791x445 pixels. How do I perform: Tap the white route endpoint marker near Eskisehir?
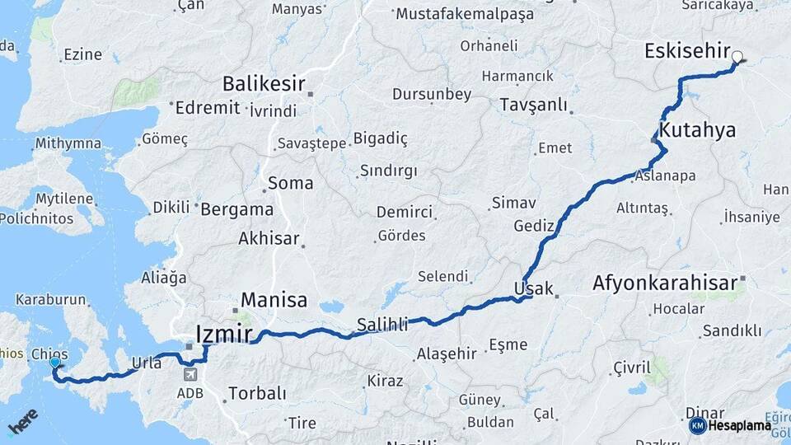pyautogui.click(x=737, y=58)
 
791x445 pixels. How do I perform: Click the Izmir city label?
pyautogui.click(x=224, y=333)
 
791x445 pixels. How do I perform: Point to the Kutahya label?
pyautogui.click(x=697, y=131)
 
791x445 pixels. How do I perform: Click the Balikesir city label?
pyautogui.click(x=264, y=84)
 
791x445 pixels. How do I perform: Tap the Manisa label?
pyautogui.click(x=274, y=300)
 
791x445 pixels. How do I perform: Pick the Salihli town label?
pyautogui.click(x=383, y=324)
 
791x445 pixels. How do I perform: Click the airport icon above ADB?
pyautogui.click(x=191, y=374)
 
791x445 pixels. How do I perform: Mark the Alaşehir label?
pyautogui.click(x=447, y=354)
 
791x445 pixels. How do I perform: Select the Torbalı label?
pyautogui.click(x=257, y=393)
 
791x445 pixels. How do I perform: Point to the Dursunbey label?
pyautogui.click(x=432, y=94)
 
